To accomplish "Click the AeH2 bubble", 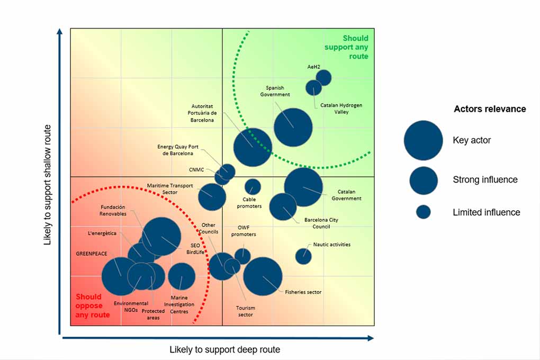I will [x=323, y=77].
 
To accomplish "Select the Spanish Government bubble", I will [x=293, y=127].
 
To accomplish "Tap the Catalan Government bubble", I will [x=303, y=187].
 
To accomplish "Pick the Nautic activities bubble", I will [x=303, y=256].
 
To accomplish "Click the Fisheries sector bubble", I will [x=263, y=276].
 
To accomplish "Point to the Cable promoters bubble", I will [x=253, y=186].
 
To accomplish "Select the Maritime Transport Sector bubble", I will [x=212, y=197].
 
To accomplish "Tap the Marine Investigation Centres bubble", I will [x=182, y=276].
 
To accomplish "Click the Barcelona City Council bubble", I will [x=283, y=206].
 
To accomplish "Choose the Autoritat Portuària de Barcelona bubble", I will [x=253, y=147].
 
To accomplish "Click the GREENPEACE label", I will [x=92, y=254].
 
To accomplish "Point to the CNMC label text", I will [x=196, y=170].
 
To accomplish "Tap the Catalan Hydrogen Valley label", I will [x=341, y=109].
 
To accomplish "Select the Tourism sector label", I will [x=246, y=311].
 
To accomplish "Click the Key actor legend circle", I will [x=423, y=140].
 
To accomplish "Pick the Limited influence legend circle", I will [x=423, y=212].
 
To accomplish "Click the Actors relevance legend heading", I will [x=490, y=109].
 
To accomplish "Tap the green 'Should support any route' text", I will [x=355, y=47].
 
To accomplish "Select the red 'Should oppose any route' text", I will [x=93, y=306].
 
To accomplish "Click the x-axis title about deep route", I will [x=224, y=349].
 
